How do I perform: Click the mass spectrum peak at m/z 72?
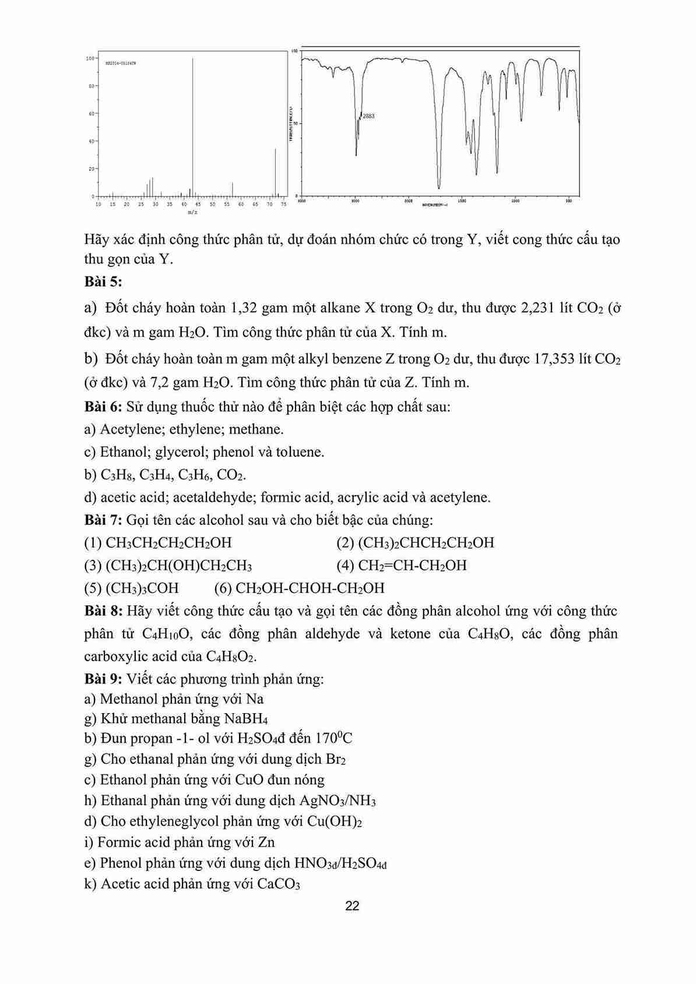(275, 172)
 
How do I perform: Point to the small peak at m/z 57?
(233, 189)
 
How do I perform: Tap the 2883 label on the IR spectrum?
(368, 116)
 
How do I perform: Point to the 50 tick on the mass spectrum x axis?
(212, 204)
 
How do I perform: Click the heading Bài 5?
(103, 282)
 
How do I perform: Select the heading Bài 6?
(103, 407)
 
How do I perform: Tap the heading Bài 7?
(103, 520)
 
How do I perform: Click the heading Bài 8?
(103, 611)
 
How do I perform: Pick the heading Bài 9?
(103, 679)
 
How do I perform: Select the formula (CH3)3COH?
(142, 588)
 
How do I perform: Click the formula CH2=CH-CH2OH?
(412, 566)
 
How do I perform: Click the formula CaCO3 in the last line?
(278, 884)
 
